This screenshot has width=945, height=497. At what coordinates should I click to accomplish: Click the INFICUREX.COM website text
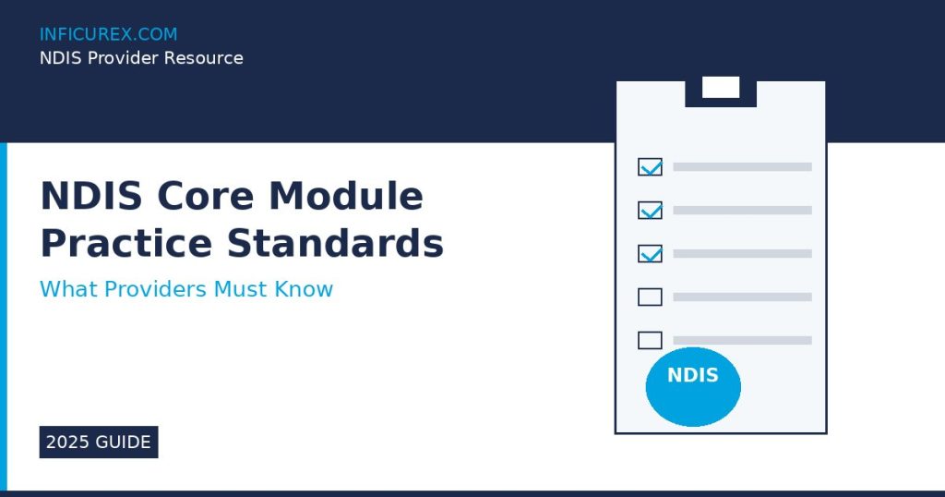point(109,34)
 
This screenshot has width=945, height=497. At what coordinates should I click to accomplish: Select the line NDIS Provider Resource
point(141,58)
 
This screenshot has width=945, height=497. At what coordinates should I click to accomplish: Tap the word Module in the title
point(346,196)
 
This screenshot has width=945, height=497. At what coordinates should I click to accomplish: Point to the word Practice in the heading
point(126,243)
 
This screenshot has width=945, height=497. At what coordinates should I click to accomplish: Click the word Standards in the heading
point(335,243)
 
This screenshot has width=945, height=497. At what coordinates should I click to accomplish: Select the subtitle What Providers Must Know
point(186,289)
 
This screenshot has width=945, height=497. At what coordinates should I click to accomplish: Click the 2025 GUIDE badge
point(99,442)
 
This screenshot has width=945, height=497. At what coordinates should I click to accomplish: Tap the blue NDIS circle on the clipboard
point(693,387)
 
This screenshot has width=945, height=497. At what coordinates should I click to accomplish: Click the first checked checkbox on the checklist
point(651,167)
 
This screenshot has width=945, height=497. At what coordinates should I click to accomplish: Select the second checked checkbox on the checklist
point(651,211)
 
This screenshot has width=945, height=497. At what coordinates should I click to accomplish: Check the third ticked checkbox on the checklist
point(651,254)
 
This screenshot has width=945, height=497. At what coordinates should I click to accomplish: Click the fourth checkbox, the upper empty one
point(651,297)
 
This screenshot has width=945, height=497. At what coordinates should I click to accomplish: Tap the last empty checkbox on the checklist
point(651,341)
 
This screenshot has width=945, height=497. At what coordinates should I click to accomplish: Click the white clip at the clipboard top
point(721,87)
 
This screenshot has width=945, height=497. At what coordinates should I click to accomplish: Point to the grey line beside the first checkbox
point(743,167)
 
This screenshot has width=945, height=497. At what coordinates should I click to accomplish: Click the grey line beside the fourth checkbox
point(743,297)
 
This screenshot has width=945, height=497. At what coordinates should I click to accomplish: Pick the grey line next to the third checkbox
point(743,254)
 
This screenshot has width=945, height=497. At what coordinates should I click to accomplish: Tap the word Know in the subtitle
point(304,289)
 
